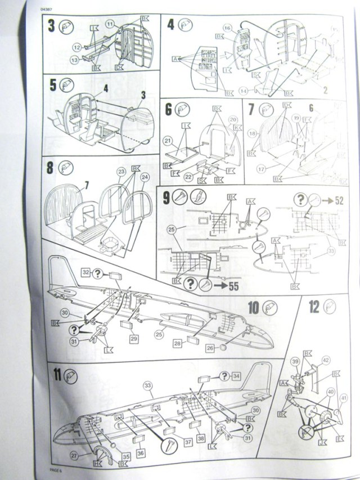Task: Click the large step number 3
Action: click(51, 26)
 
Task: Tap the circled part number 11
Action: click(110, 24)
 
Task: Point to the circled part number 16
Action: click(228, 28)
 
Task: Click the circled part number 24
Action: click(145, 176)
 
